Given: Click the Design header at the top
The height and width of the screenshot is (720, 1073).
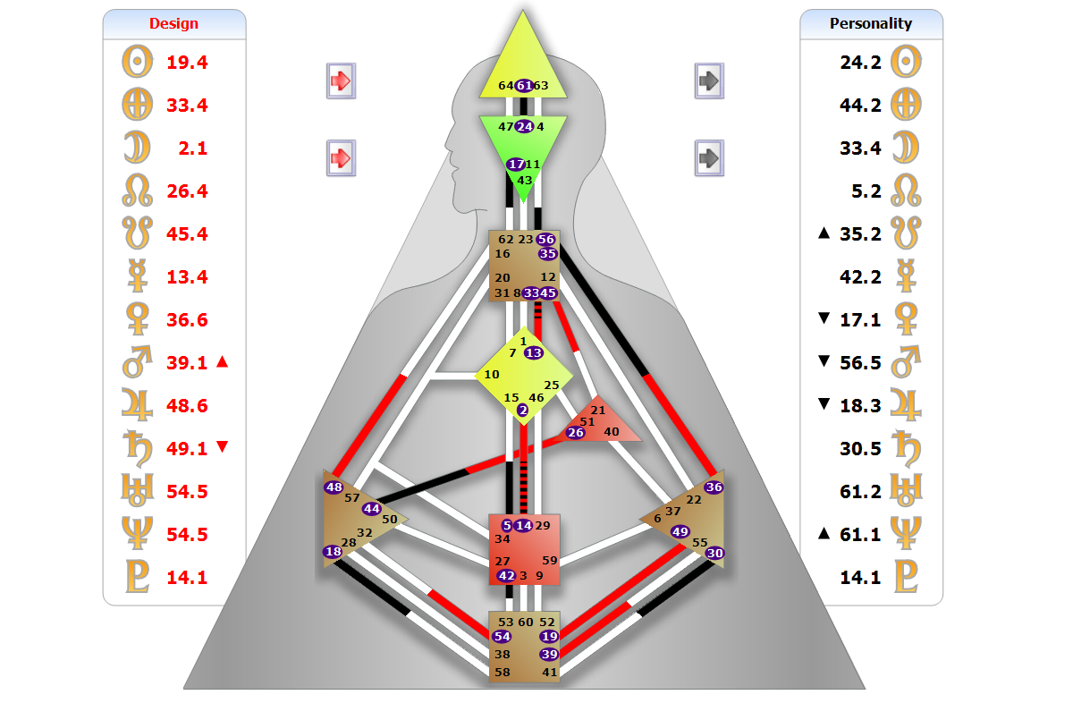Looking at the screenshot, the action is (173, 23).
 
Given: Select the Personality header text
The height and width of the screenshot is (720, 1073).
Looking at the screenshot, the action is (870, 23).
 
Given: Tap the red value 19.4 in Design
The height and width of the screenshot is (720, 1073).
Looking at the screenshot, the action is (187, 63).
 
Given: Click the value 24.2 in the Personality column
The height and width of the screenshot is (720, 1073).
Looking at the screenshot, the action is (860, 63).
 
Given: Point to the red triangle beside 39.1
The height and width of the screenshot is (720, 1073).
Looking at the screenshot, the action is (223, 362).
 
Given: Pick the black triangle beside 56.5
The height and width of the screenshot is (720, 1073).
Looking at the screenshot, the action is (824, 361).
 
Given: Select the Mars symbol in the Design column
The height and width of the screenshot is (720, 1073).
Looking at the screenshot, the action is (138, 363).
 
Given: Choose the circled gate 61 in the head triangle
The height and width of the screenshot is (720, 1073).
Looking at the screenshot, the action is (524, 86).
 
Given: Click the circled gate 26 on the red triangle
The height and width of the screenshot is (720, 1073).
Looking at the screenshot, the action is (576, 433).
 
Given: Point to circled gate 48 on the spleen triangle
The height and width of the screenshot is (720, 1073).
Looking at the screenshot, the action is (334, 487).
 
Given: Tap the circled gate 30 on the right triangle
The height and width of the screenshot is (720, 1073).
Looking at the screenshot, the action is (714, 554).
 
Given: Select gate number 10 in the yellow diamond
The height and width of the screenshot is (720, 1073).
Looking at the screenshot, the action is (492, 375).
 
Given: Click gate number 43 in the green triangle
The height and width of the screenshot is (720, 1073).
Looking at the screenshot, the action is (525, 180).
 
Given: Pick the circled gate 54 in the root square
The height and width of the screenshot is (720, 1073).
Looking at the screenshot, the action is (502, 637).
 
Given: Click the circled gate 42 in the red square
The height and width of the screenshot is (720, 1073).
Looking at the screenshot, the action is (506, 576).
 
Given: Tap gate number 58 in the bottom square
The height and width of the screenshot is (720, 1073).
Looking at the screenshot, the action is (503, 672).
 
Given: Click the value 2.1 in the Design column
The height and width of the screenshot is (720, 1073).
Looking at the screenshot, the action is (192, 148).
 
